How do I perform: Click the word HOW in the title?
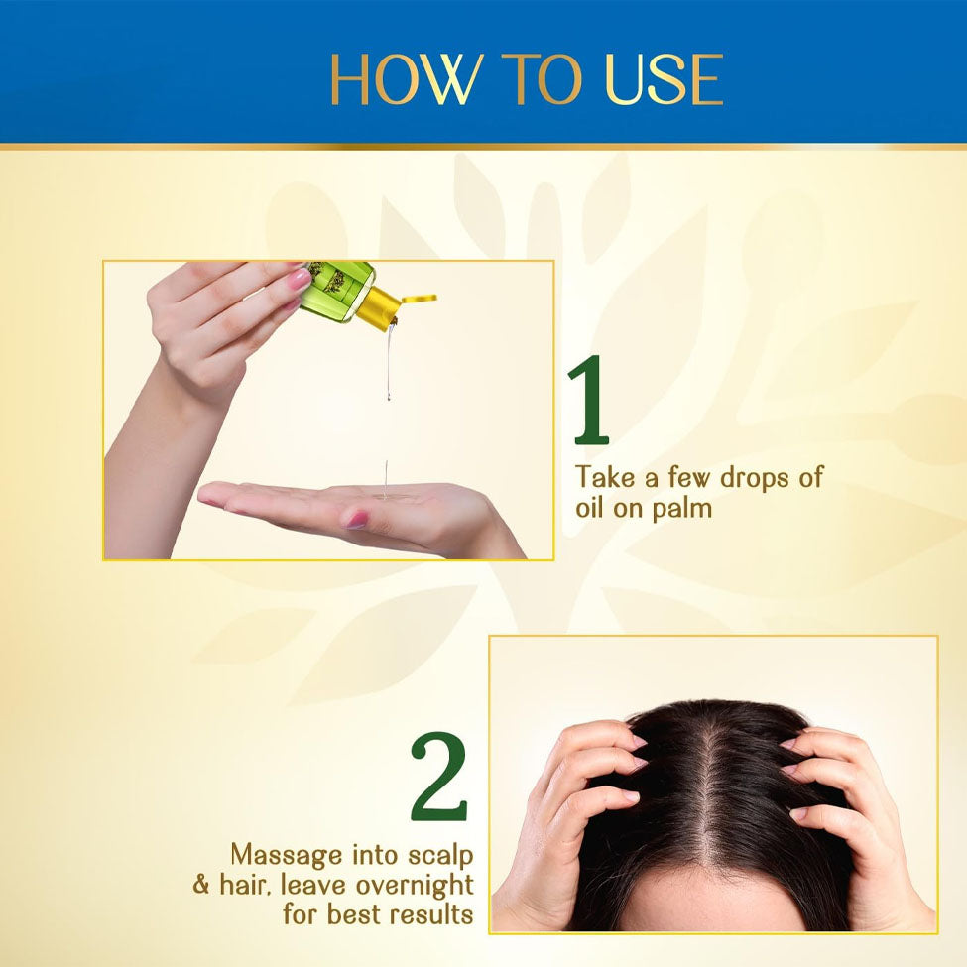pyautogui.click(x=405, y=79)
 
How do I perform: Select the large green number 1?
pyautogui.click(x=589, y=400)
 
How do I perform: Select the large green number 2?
pyautogui.click(x=439, y=776)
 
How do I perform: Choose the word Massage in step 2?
pyautogui.click(x=287, y=856)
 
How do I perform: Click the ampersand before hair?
pyautogui.click(x=201, y=885)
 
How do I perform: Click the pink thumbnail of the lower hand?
pyautogui.click(x=357, y=520)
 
